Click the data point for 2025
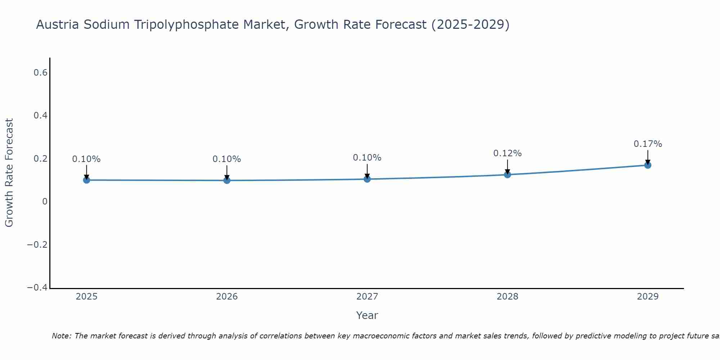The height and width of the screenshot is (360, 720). point(86,180)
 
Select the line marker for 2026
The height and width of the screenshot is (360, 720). point(227,180)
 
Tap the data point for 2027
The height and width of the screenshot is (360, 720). point(367,179)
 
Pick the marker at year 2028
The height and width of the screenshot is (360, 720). point(507,175)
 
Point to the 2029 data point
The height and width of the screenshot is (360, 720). point(648,165)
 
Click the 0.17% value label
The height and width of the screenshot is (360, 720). point(648,144)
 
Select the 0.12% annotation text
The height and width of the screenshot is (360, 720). point(507,153)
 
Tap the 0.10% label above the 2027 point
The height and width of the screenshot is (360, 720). point(367,158)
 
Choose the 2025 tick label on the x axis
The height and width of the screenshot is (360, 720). point(86,297)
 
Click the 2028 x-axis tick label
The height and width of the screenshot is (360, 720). point(507,297)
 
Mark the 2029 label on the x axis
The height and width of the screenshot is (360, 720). point(648,297)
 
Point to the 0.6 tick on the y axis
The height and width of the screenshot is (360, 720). point(40,73)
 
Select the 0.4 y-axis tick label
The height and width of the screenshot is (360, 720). point(40,116)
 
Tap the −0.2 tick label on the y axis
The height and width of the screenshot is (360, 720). point(37,245)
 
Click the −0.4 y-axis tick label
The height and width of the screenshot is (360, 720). point(37,288)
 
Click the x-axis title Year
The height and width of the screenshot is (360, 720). point(367,315)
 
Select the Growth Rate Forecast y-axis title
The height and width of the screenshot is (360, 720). point(9,173)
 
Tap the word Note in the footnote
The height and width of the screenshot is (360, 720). point(61,336)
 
